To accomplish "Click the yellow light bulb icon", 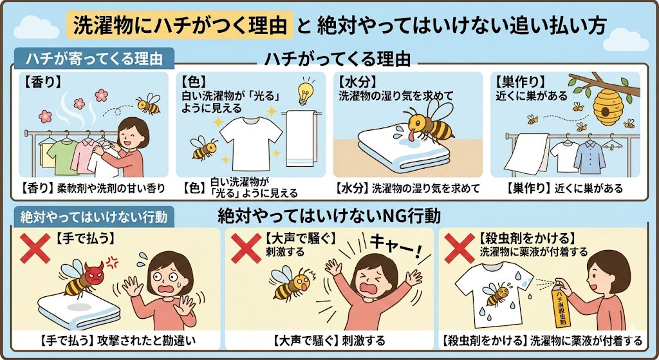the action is tap(306, 91).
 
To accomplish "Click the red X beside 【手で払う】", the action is tap(35, 248).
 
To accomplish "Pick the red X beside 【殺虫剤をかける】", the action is tap(459, 248).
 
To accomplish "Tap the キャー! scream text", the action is tap(394, 247).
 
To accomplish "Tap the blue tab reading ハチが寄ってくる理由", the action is tap(94, 59).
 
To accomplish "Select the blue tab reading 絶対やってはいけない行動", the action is tap(94, 217).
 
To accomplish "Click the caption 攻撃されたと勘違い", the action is tap(146, 341).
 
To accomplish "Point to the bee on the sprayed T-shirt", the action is tap(496, 294).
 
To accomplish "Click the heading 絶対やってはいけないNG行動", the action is tap(329, 216).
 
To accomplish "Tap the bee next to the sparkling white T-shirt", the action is tap(204, 147).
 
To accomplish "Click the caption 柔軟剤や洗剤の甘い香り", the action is tap(111, 188).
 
